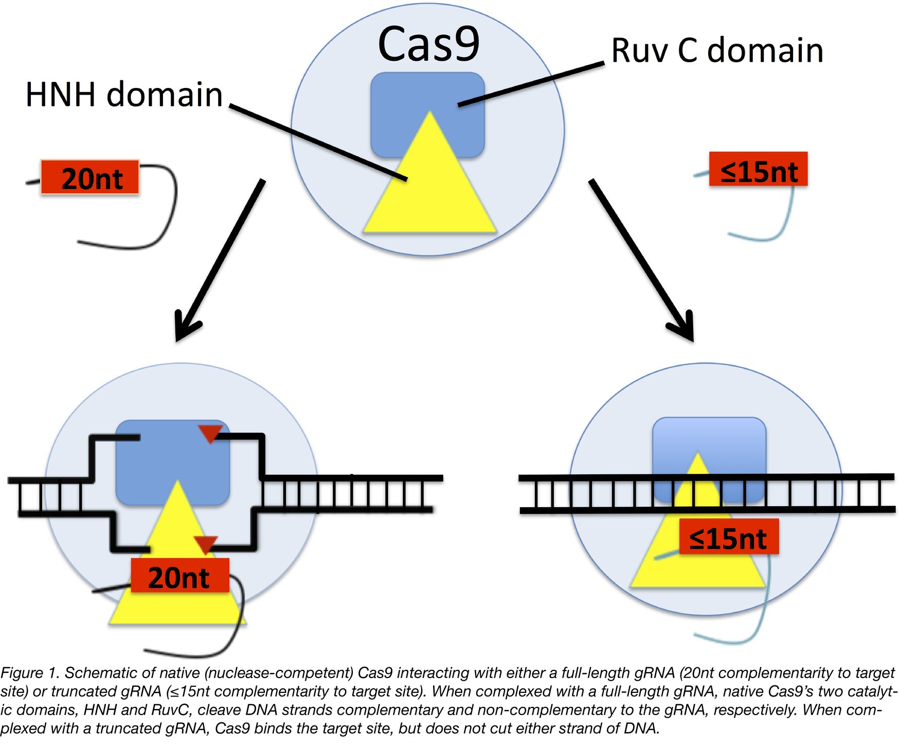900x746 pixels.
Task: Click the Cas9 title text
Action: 428,44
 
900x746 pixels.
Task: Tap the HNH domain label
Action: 124,95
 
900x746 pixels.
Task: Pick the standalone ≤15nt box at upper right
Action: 758,170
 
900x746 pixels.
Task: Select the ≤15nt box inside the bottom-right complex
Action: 728,538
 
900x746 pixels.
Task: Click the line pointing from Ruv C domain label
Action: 530,84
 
